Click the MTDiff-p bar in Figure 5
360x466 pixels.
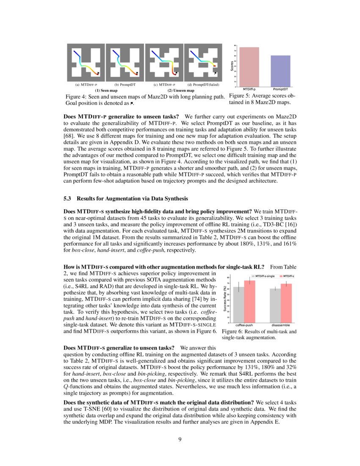tap(249, 67)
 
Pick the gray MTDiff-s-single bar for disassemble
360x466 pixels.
tap(275, 305)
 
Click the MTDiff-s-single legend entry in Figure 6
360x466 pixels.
tap(263, 276)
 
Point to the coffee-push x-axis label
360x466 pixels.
tap(244, 325)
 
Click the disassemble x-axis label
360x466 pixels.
tap(281, 325)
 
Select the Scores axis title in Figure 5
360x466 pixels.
tap(232, 66)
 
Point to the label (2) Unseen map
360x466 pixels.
tap(181, 90)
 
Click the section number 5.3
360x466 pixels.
tap(67, 199)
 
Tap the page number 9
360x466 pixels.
tap(180, 439)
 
